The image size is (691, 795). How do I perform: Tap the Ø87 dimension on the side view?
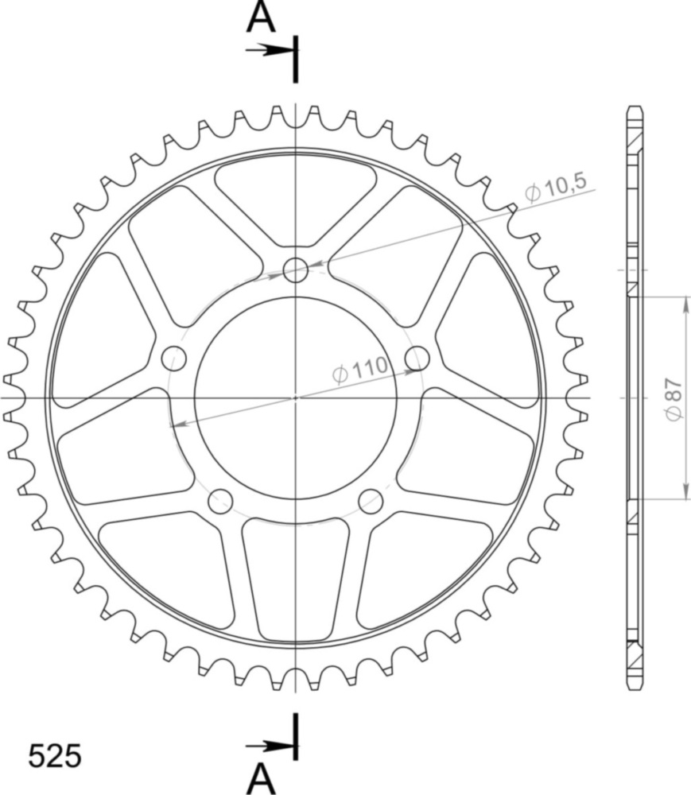point(674,399)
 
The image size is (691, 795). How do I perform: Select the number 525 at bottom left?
point(54,756)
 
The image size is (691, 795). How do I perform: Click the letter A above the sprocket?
point(261,17)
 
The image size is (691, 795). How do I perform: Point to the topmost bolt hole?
point(296,270)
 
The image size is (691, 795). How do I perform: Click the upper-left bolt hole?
point(174,359)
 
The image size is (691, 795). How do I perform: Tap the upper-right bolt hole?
point(417,359)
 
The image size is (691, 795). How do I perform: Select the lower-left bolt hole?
point(220,502)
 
